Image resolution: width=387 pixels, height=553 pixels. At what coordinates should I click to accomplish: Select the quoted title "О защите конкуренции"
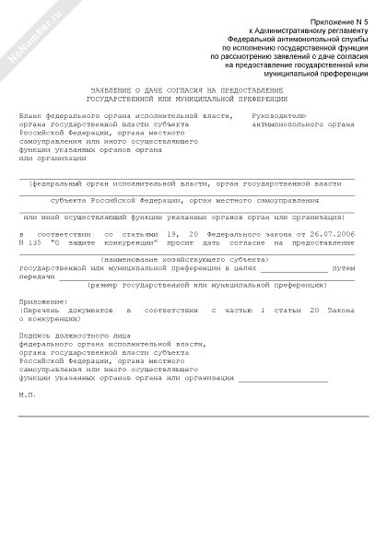coord(97,243)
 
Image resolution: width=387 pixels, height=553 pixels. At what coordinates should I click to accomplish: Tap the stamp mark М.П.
coord(28,394)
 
